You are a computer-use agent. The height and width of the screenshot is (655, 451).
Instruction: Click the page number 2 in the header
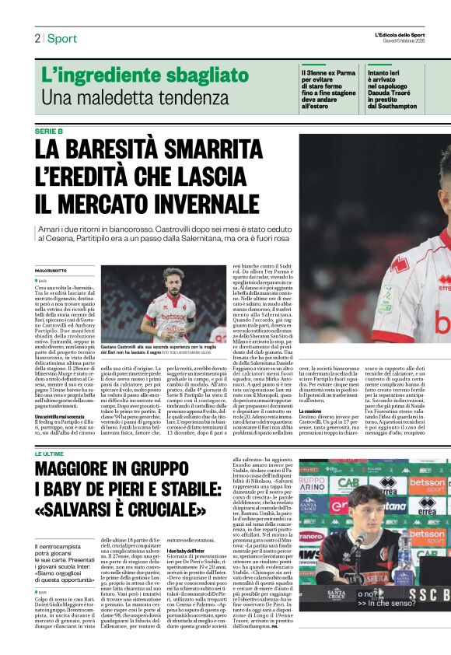tap(37, 38)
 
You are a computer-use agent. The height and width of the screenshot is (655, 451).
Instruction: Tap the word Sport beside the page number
tap(62, 38)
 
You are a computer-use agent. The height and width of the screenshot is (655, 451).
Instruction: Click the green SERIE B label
tap(49, 131)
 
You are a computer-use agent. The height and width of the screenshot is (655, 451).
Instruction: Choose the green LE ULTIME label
tap(49, 453)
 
